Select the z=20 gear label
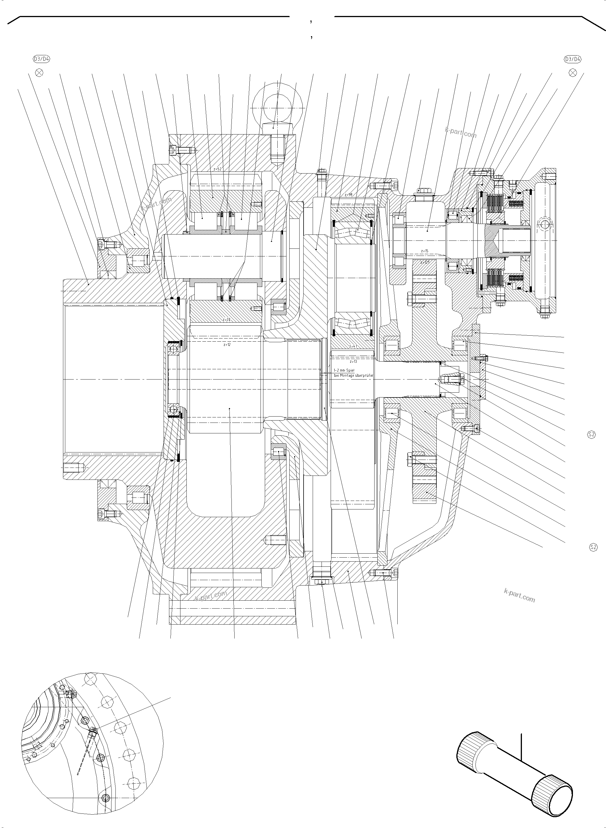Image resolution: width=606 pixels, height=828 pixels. point(226,320)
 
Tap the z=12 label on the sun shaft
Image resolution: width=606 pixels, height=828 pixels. point(227,345)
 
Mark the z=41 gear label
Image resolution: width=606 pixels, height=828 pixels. point(353,346)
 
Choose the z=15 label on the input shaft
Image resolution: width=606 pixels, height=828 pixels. point(424,251)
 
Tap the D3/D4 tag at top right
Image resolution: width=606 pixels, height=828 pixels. point(572,59)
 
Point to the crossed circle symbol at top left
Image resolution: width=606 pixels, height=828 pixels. point(39,72)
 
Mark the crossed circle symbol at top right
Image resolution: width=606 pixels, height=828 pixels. point(572,72)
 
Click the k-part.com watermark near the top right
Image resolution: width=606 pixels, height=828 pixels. point(460,132)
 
